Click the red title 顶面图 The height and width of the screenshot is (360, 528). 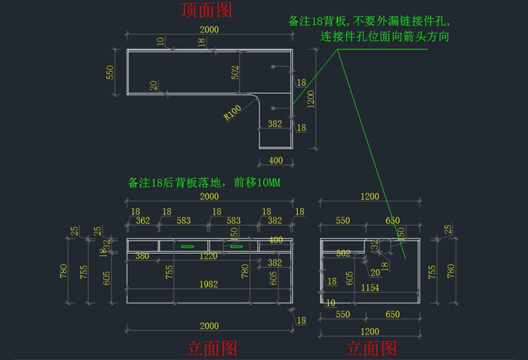coord(206,10)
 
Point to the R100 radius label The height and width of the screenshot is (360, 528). coord(232,112)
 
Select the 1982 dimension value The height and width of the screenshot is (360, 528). coord(209,284)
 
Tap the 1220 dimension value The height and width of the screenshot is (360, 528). coord(209,256)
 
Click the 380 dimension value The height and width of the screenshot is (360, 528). coord(142,256)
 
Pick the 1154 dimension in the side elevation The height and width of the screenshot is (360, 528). coord(369,288)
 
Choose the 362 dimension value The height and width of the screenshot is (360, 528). coord(143,220)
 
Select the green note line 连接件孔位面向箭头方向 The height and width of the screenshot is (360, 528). coord(385,36)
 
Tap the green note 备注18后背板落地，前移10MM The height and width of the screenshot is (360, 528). coord(204,183)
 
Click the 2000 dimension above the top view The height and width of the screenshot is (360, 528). coord(209,29)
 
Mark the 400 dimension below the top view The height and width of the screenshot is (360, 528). coord(275,160)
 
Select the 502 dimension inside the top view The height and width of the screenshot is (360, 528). coord(235,72)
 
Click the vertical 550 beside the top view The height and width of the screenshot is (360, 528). coord(109,72)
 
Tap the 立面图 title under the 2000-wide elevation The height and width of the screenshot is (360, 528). coord(211,348)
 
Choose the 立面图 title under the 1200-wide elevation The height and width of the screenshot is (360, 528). coord(370,348)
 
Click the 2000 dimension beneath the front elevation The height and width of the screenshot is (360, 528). coord(209,325)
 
